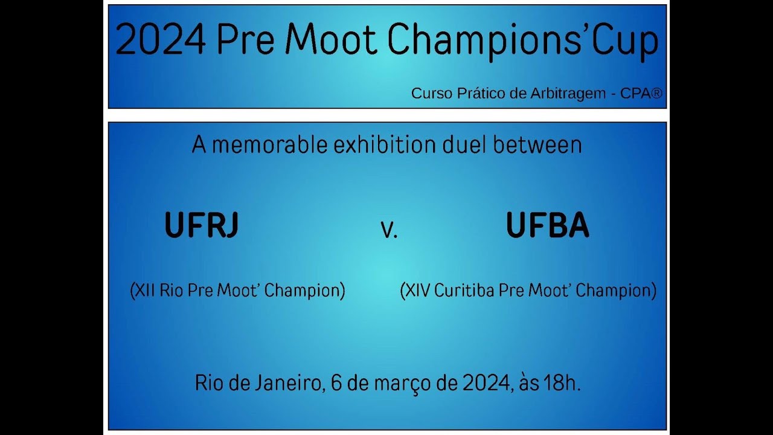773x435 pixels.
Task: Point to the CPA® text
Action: [x=642, y=94]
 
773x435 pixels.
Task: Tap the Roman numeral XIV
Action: [x=419, y=291]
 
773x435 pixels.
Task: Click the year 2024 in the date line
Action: [x=486, y=383]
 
